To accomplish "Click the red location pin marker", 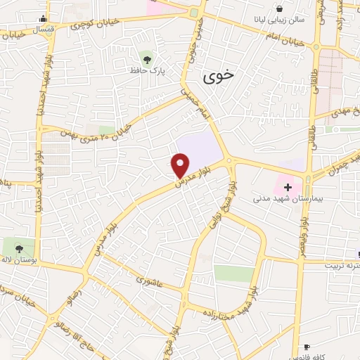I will (x=181, y=165).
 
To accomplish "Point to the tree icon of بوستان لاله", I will (x=19, y=247).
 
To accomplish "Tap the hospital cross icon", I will (x=288, y=186).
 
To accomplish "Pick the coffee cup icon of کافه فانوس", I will (x=307, y=347).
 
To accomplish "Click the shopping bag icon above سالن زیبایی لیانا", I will (x=280, y=9).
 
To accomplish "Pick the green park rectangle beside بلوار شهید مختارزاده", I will (x=233, y=274).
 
